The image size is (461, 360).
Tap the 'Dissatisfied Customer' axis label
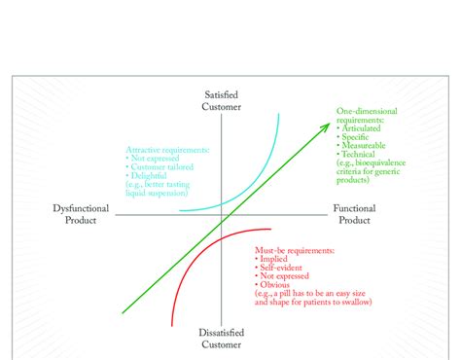coord(221,338)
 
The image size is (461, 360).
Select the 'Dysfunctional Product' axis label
coord(86,214)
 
